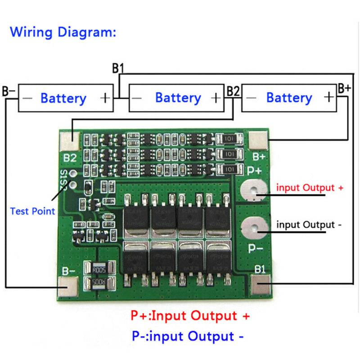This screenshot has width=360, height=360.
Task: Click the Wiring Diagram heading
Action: point(63,32)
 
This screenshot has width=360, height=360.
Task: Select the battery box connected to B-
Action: point(66,98)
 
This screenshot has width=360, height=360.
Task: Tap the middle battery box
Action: point(176,98)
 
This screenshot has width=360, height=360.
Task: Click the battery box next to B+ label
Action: point(288,98)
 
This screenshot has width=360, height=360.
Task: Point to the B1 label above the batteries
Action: point(118,69)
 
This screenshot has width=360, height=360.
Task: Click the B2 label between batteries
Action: point(233,91)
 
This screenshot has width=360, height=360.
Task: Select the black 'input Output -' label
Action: point(306,225)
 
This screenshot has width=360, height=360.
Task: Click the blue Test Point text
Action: point(32,211)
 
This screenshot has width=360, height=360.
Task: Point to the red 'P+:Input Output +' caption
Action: point(190,315)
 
